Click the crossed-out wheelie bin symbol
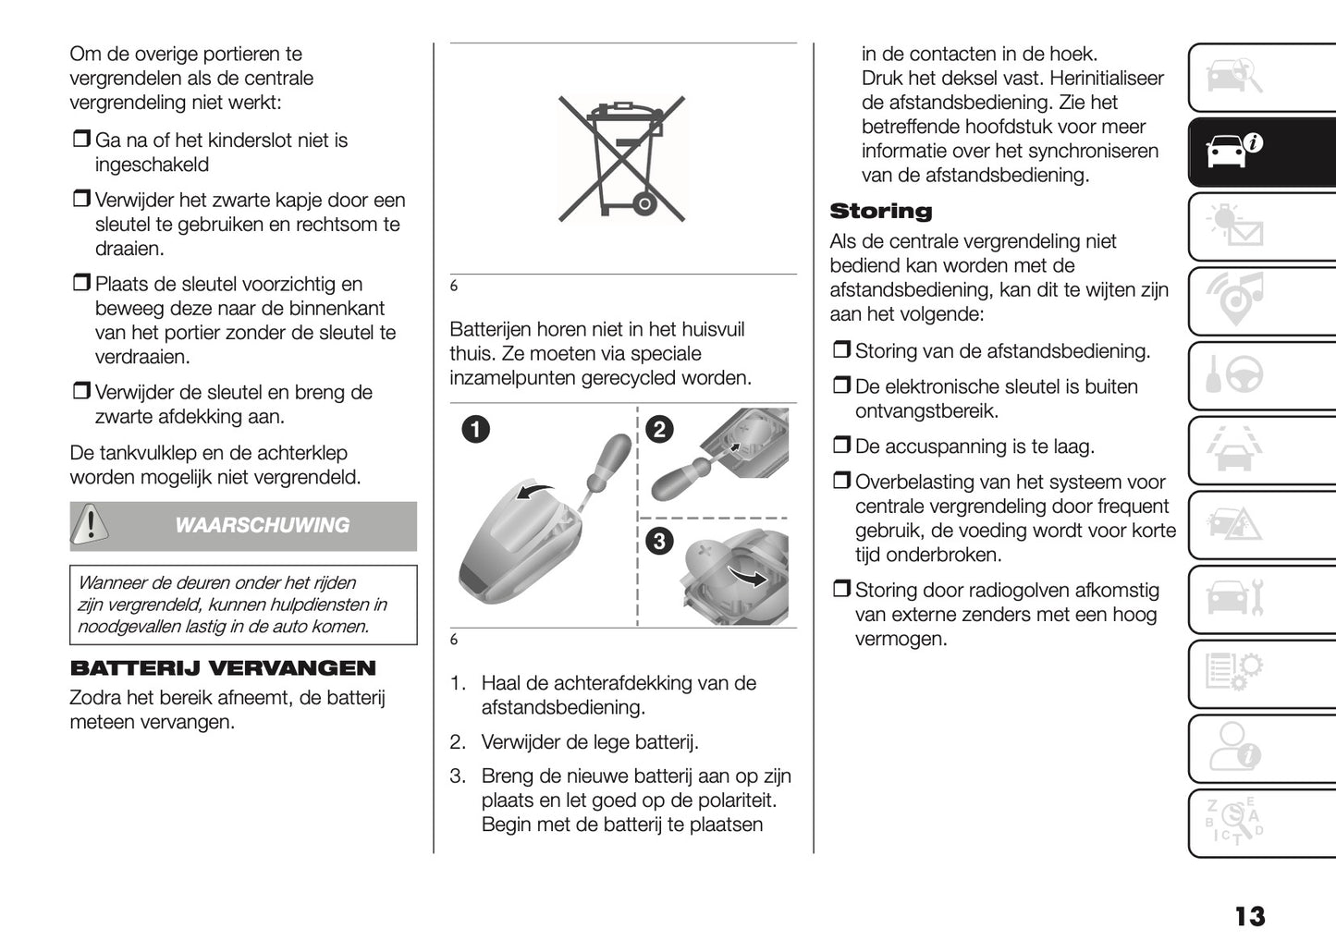(622, 159)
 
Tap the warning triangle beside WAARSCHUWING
(91, 524)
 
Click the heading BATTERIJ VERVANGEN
(223, 668)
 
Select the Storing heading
(880, 211)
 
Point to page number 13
(1249, 915)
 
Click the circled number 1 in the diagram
(476, 429)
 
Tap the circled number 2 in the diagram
(658, 429)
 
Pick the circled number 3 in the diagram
(658, 541)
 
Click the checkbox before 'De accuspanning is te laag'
(840, 446)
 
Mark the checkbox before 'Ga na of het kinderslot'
(80, 141)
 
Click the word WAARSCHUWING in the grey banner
(262, 525)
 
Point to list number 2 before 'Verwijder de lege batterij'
(457, 742)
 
